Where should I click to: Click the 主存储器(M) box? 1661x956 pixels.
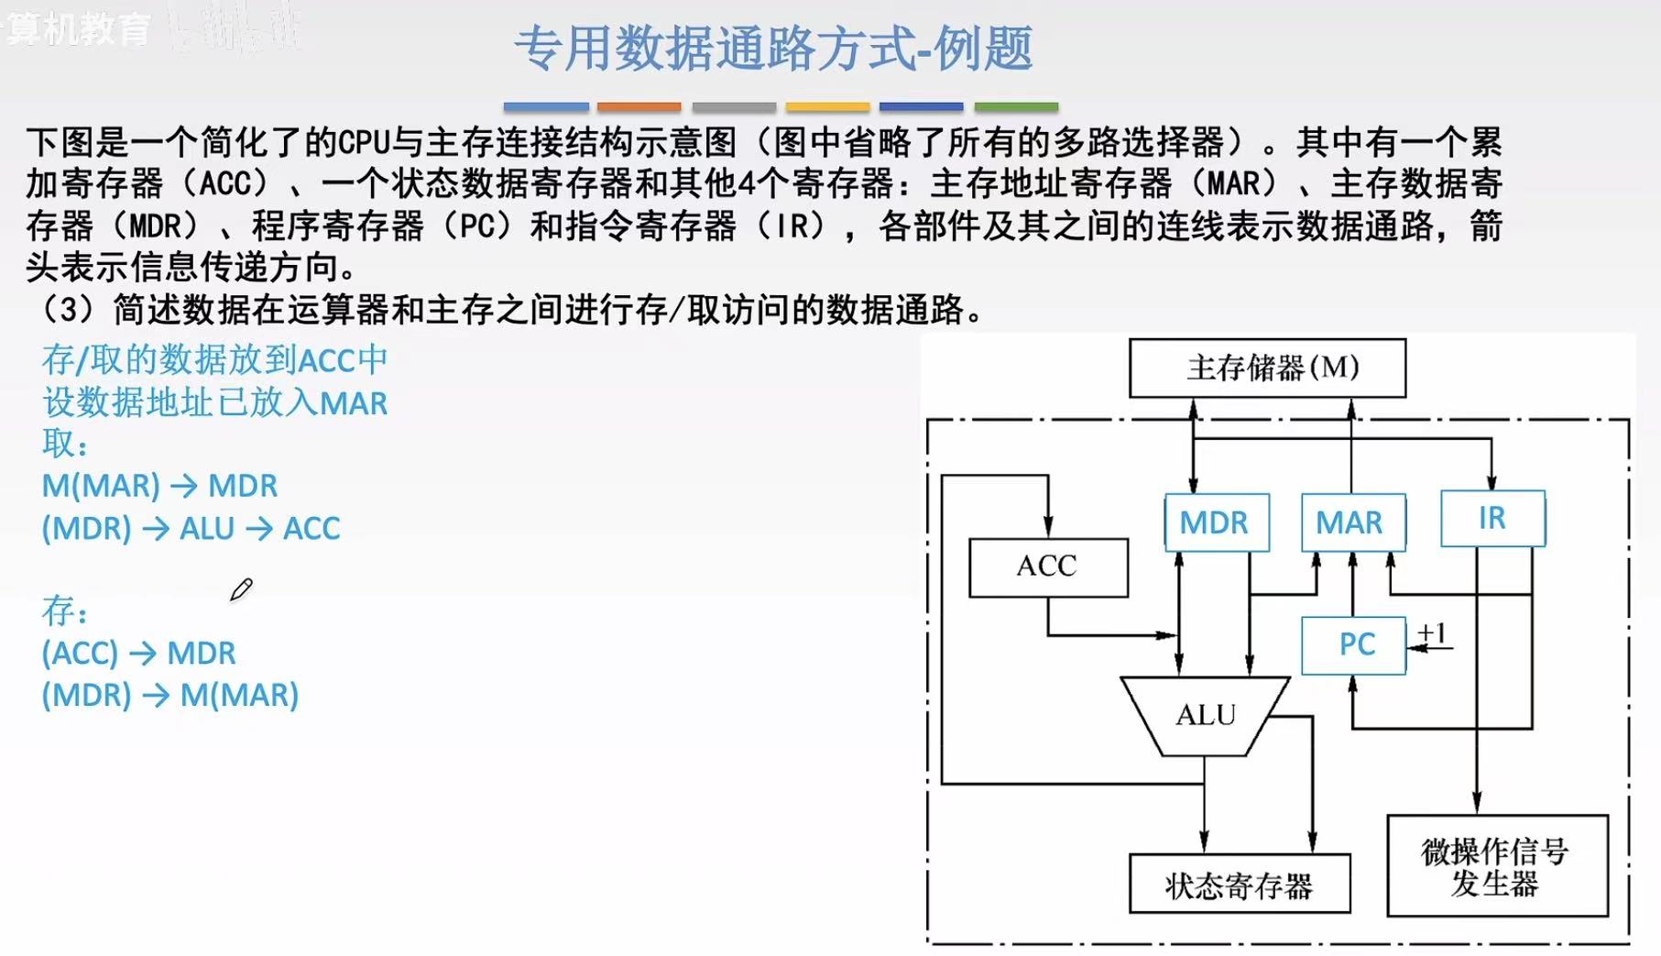[x=1267, y=368]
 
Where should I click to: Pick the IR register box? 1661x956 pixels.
[x=1492, y=519]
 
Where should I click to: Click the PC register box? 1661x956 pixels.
[x=1353, y=645]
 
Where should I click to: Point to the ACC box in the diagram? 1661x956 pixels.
[x=1047, y=567]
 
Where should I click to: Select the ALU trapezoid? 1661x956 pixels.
[x=1205, y=716]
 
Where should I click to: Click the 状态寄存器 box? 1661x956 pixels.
[x=1239, y=885]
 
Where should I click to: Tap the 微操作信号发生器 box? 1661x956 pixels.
[x=1496, y=866]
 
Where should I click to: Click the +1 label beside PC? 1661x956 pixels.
[x=1432, y=633]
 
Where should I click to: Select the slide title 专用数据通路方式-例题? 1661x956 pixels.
[x=773, y=49]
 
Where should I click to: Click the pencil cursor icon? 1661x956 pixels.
[x=241, y=589]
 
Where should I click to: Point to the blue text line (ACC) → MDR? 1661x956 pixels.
[x=139, y=654]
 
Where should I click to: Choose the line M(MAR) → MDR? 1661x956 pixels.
[x=159, y=486]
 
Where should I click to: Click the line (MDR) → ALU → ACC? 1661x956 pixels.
[x=191, y=529]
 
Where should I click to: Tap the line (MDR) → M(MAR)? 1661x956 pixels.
[x=170, y=696]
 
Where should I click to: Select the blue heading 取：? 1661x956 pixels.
[x=65, y=445]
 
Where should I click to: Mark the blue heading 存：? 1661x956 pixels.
[x=65, y=611]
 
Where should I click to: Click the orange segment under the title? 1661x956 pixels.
[x=639, y=107]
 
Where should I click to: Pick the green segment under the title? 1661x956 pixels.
[x=1015, y=107]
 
